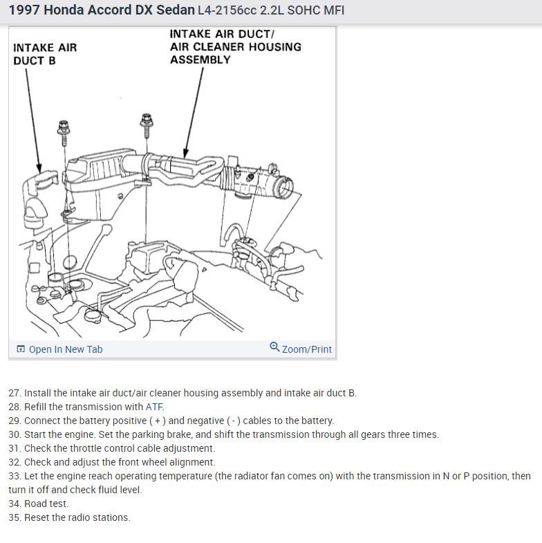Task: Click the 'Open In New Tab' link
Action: (65, 349)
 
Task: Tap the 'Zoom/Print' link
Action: (306, 349)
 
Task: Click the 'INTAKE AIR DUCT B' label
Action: (45, 54)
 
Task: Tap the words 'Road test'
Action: (46, 504)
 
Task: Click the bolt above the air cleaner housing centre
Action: (146, 122)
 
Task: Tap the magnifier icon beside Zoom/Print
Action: (274, 347)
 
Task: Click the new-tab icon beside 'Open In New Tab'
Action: (20, 349)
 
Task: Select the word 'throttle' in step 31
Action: (86, 448)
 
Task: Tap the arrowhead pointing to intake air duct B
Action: (39, 169)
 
